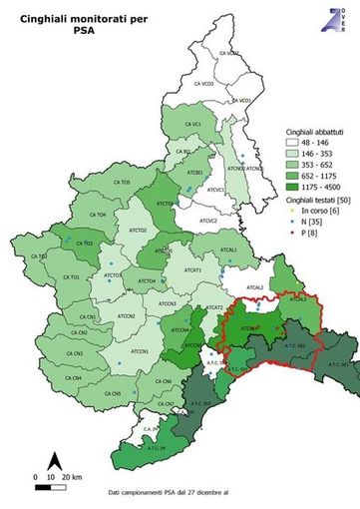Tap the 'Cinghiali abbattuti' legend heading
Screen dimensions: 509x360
[303, 132]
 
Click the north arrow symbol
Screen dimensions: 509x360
[57, 460]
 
